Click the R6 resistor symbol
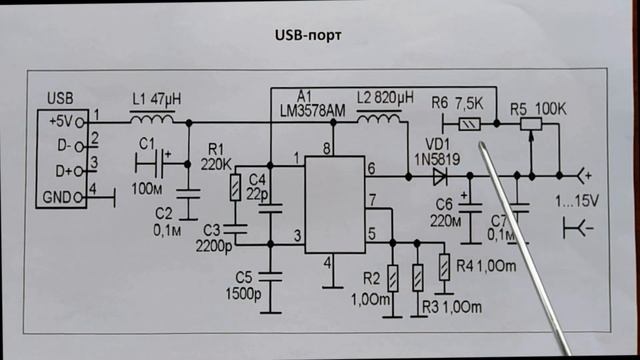(468, 125)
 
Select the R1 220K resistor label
(218, 157)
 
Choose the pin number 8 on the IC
(325, 149)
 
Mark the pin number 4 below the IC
(325, 264)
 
